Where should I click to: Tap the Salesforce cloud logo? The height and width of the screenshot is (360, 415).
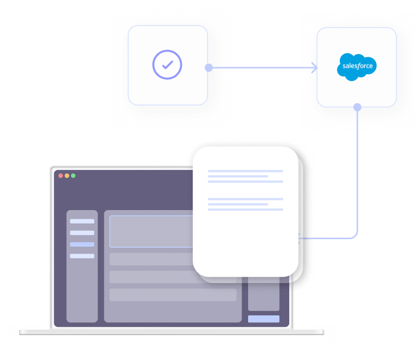(x=357, y=66)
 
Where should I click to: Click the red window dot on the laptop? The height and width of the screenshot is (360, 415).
(x=61, y=176)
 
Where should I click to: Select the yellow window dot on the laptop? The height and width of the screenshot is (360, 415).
(x=67, y=176)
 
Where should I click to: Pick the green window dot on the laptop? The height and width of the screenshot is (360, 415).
(x=73, y=176)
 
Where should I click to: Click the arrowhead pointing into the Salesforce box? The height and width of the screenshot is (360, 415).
(x=314, y=68)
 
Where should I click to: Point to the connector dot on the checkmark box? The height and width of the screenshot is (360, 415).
(x=209, y=68)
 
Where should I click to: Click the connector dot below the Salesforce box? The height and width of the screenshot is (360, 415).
(x=357, y=107)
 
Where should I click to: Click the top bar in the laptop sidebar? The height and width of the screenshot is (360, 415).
(x=82, y=221)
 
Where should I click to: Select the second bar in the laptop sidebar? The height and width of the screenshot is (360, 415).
(x=82, y=233)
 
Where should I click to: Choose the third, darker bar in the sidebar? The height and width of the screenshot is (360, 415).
(x=82, y=245)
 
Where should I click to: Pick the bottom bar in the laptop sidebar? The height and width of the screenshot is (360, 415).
(x=82, y=256)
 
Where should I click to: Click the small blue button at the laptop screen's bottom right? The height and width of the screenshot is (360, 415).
(x=264, y=319)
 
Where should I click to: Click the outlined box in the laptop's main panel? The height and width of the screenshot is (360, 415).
(x=151, y=231)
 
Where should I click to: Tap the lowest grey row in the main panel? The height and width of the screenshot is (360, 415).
(x=172, y=295)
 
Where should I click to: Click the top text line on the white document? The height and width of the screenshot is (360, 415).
(x=246, y=171)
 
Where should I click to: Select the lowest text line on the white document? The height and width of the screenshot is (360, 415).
(x=246, y=209)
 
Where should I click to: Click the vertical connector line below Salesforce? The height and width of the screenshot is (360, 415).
(x=357, y=170)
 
